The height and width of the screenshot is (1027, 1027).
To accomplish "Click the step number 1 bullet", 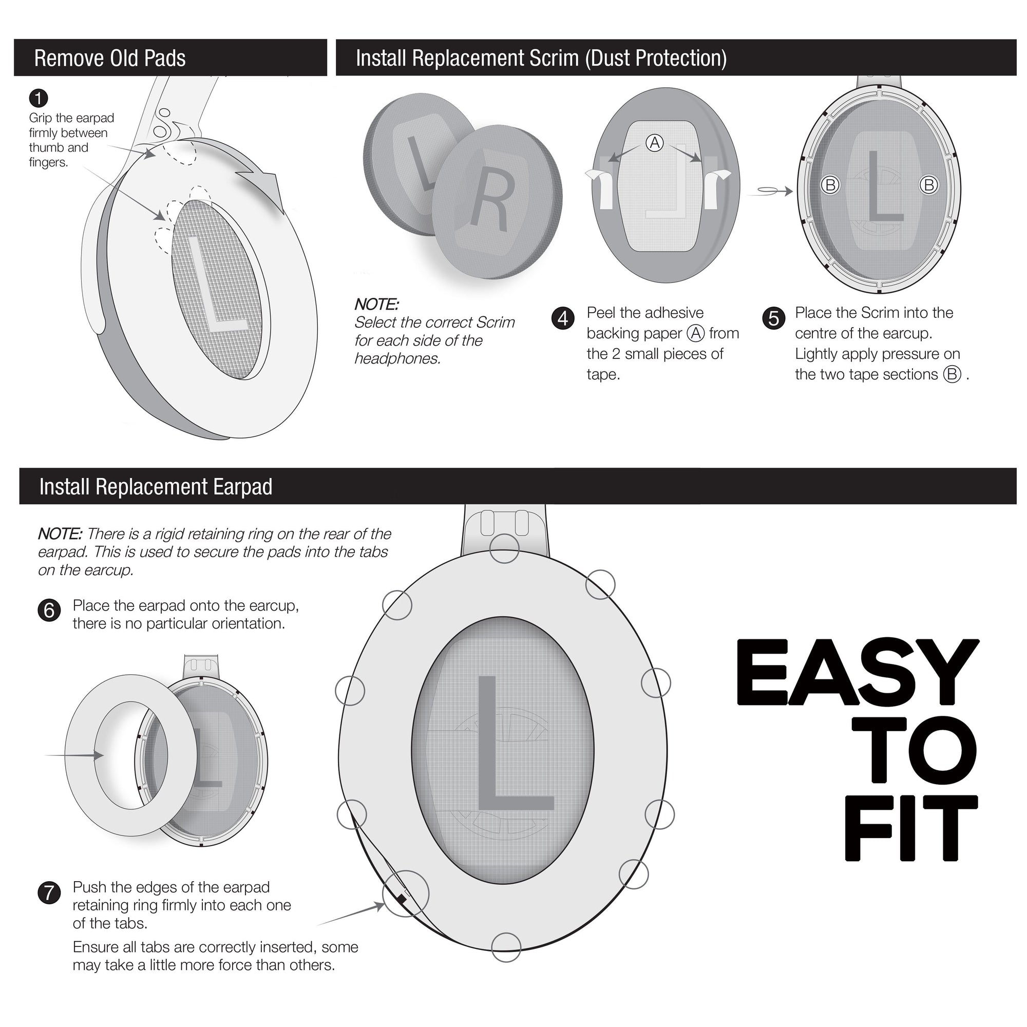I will click(x=39, y=99).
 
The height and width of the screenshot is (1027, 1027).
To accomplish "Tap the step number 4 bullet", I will click(x=563, y=318).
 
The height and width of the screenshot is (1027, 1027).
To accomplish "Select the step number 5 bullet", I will click(x=773, y=318).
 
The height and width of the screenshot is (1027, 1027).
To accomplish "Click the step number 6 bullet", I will click(x=49, y=610).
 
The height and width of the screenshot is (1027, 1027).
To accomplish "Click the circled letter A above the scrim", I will click(x=654, y=142).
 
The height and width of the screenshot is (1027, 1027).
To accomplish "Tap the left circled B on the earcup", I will click(x=830, y=185).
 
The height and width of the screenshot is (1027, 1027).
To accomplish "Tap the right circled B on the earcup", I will click(x=928, y=185).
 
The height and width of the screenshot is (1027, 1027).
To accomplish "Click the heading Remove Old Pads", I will click(x=109, y=58).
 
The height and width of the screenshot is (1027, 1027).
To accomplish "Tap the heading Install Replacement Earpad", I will click(x=155, y=486).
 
